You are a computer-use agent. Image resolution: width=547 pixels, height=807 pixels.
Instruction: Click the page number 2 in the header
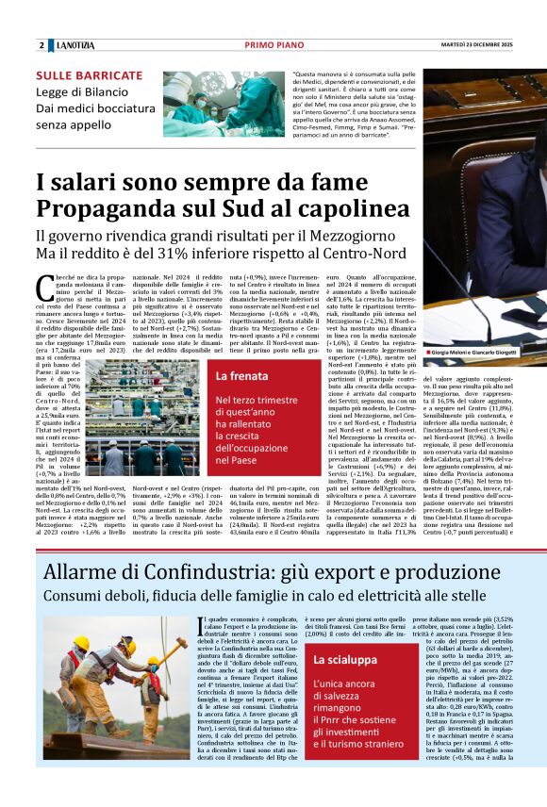point(41,45)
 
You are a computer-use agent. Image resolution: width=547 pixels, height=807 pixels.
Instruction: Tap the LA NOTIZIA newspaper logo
point(75,45)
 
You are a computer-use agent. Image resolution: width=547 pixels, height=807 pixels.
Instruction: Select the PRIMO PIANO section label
point(272,45)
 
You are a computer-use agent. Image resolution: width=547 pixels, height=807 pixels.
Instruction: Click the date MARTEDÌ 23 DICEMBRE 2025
point(479,45)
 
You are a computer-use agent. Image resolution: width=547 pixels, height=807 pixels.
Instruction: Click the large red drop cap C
point(44,287)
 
